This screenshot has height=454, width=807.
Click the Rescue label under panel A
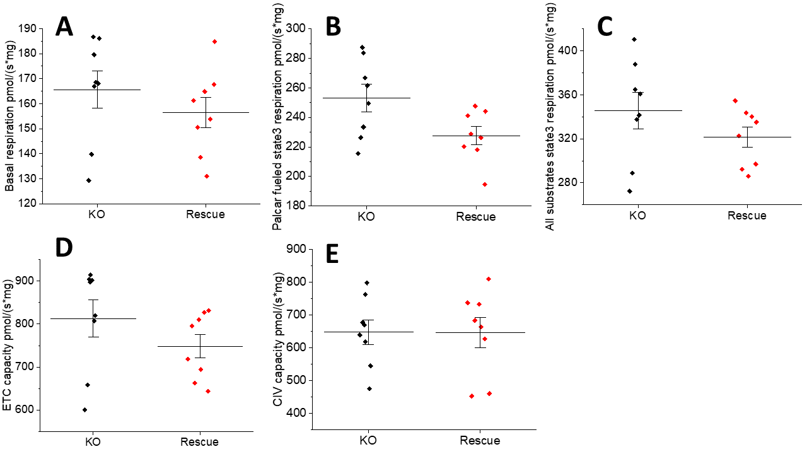tap(205, 214)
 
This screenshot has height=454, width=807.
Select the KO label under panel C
tap(637, 215)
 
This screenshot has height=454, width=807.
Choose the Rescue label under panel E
tap(480, 440)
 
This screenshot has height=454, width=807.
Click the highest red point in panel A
tap(214, 42)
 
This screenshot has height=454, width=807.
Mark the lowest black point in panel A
tap(89, 180)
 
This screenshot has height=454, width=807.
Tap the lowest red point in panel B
tap(485, 184)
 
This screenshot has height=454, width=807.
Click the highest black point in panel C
tap(634, 40)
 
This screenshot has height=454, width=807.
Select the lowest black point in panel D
tap(84, 410)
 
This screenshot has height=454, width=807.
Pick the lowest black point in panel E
tap(369, 388)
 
